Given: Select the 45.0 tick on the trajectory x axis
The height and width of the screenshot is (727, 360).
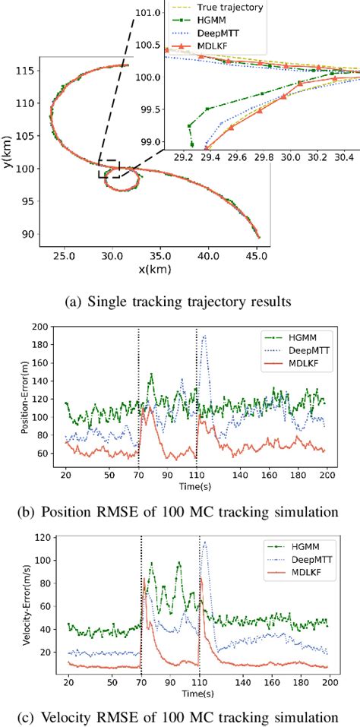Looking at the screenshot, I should pyautogui.click(x=257, y=258).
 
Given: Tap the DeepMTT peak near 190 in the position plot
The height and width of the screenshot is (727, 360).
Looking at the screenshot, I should pyautogui.click(x=204, y=336).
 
